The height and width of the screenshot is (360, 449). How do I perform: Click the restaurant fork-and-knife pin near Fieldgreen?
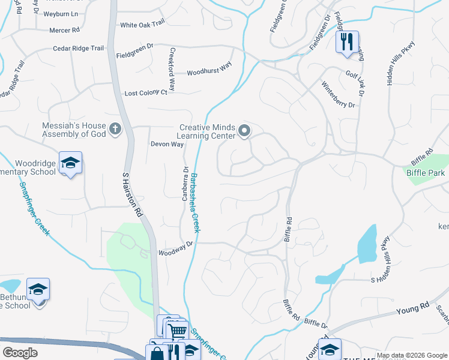point(347,42)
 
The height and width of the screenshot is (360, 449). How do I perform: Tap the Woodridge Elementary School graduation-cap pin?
point(71,163)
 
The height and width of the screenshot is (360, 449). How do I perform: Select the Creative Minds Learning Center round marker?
point(244,130)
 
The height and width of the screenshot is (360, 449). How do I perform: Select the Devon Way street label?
point(167,145)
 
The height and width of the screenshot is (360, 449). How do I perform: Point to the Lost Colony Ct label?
point(146,93)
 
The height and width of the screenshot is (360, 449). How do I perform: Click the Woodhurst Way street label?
point(209,71)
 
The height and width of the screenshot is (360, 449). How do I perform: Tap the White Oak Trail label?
point(142,25)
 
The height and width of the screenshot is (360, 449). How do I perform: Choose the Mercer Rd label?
point(64,29)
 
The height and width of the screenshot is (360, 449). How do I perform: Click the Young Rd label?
point(413,309)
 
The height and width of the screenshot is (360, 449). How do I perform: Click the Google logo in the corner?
point(20,353)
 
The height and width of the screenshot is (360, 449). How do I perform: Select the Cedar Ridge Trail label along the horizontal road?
point(79,49)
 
